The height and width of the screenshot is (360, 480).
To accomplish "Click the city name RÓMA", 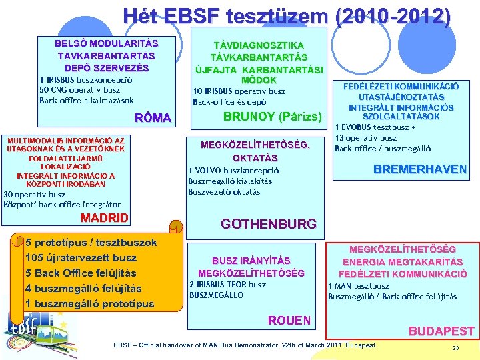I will [x=153, y=119].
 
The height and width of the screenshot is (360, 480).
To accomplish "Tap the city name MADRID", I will [x=104, y=219].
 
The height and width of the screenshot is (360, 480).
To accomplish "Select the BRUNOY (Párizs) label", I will [x=272, y=115].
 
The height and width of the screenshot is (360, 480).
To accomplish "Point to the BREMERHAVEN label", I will [x=419, y=169].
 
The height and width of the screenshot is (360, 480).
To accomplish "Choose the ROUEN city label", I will [x=289, y=321].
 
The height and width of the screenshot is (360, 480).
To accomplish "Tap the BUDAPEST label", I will [x=441, y=331].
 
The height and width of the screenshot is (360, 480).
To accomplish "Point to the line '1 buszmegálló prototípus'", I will [x=89, y=304].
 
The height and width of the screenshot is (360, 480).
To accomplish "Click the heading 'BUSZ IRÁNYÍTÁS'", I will [x=251, y=261].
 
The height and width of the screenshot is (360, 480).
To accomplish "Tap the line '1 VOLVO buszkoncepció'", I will [x=233, y=170].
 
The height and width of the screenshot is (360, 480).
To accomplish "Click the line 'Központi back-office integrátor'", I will [x=63, y=205].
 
